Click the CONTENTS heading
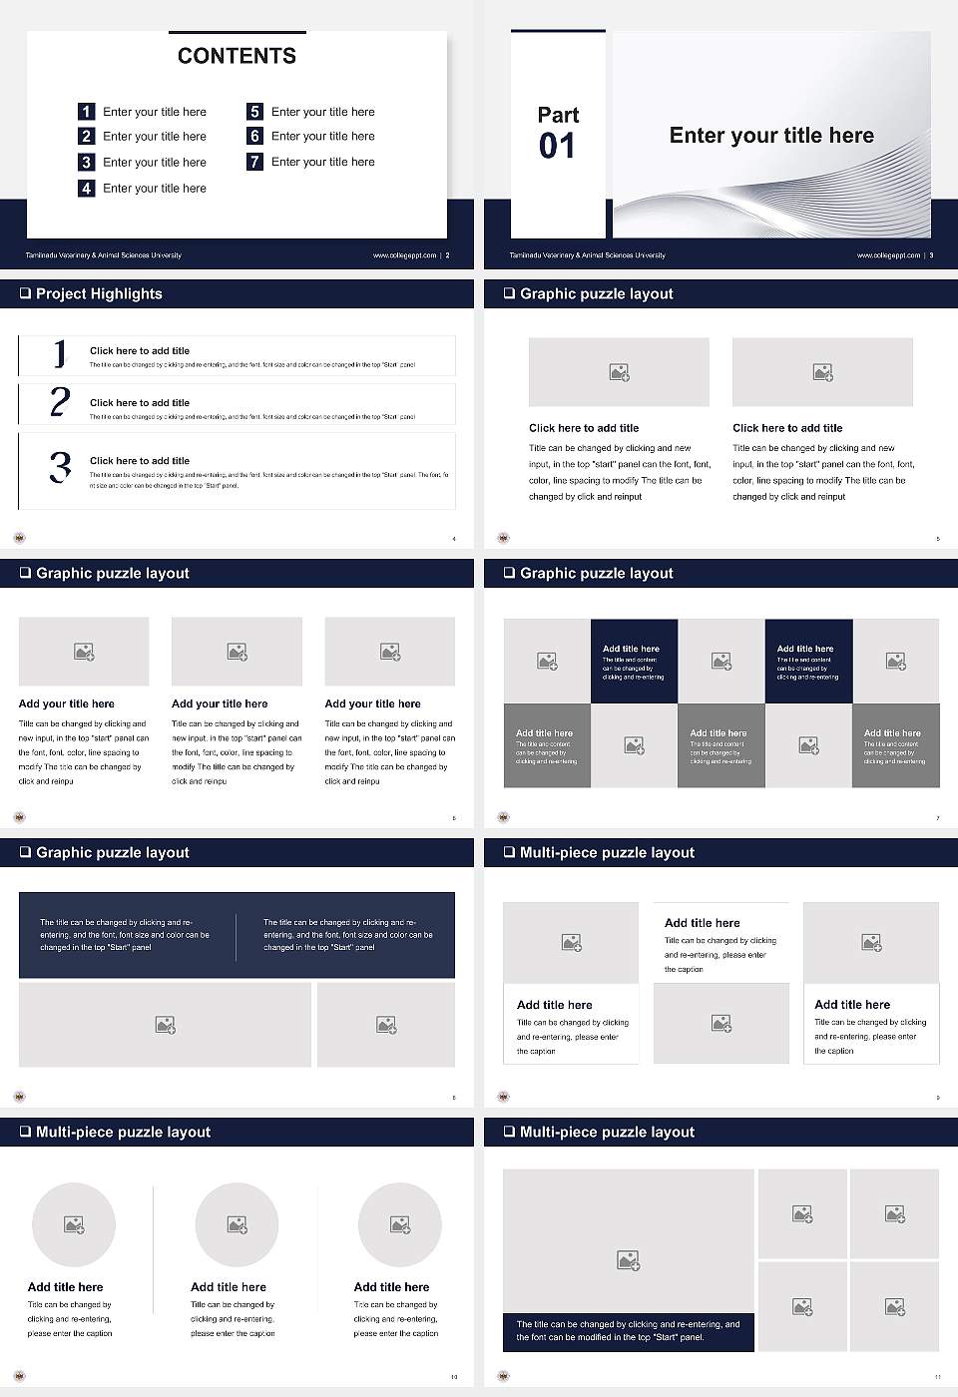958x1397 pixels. (x=237, y=56)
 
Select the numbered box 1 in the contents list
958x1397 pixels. (x=87, y=112)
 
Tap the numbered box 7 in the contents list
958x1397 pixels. (x=254, y=162)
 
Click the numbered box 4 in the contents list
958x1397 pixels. (x=87, y=188)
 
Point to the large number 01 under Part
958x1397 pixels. (x=557, y=147)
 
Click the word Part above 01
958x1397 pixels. (x=558, y=115)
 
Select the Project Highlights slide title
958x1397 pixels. (x=99, y=294)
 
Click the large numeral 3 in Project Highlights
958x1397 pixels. (x=60, y=467)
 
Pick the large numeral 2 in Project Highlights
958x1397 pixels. (x=60, y=402)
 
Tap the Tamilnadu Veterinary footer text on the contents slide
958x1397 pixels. (x=104, y=255)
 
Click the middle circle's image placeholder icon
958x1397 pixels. (x=237, y=1224)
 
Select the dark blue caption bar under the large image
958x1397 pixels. (x=629, y=1331)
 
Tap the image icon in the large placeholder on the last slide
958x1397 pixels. (x=628, y=1261)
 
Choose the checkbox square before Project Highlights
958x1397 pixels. (x=25, y=294)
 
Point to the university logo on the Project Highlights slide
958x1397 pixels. (x=19, y=538)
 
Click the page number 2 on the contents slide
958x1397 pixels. (x=447, y=255)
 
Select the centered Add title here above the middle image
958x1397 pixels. (x=703, y=923)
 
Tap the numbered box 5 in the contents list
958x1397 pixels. (x=254, y=112)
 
